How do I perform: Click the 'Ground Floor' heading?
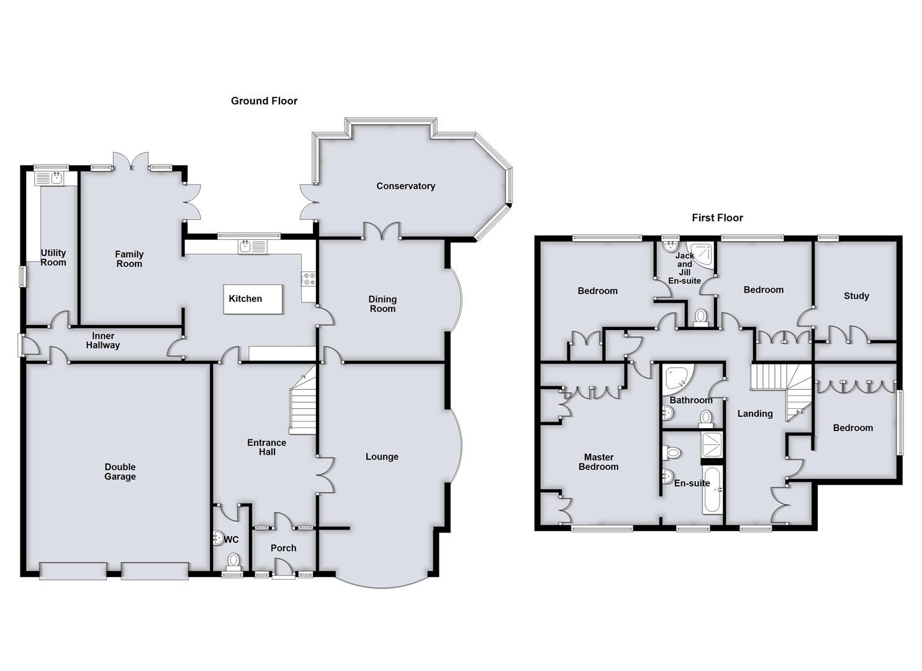pos(264,101)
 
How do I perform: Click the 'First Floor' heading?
pos(717,217)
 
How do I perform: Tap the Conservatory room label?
pos(405,186)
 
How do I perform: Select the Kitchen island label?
pos(246,299)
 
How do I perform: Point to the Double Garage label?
pos(120,472)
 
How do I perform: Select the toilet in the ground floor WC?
pos(233,562)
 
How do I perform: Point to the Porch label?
pos(284,548)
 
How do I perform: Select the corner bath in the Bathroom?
pos(675,379)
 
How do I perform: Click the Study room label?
pos(856,296)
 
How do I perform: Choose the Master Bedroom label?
pos(599,462)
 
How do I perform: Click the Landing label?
pos(755,413)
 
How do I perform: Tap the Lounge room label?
pos(382,457)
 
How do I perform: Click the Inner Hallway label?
pos(103,340)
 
